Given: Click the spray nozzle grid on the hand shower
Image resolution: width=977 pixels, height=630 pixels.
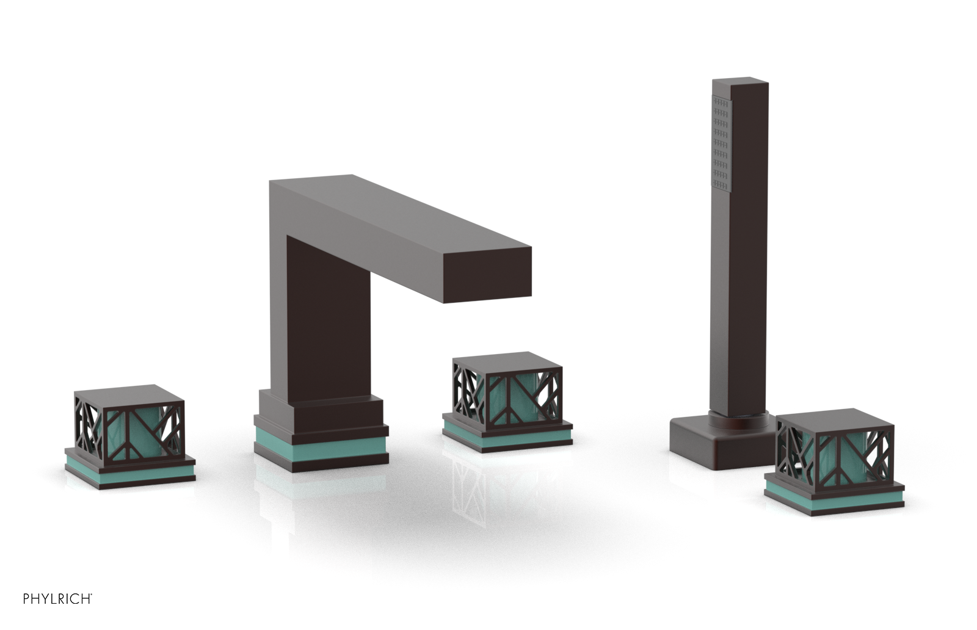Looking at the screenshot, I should point(721,143).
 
